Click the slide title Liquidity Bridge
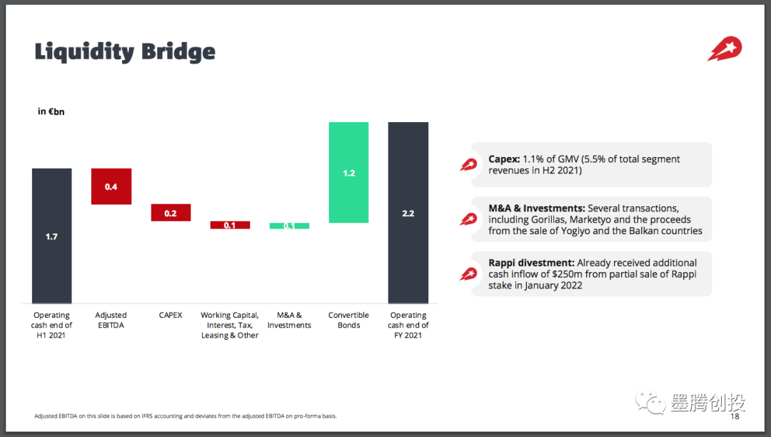point(125,51)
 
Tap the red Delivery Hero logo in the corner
point(725,49)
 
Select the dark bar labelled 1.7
point(51,236)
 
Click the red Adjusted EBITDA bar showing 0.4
point(111,186)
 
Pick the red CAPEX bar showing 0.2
point(171,213)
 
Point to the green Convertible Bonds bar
point(348,173)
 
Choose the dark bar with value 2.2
point(408,213)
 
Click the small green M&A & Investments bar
point(289,226)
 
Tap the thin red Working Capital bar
point(230,225)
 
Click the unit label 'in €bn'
point(51,111)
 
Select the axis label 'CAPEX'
point(171,315)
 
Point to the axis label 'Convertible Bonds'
point(348,320)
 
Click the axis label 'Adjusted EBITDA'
point(111,320)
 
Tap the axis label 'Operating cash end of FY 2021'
point(408,325)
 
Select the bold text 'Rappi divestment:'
point(531,263)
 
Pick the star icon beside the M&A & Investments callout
point(468,219)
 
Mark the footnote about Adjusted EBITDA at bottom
point(186,416)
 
